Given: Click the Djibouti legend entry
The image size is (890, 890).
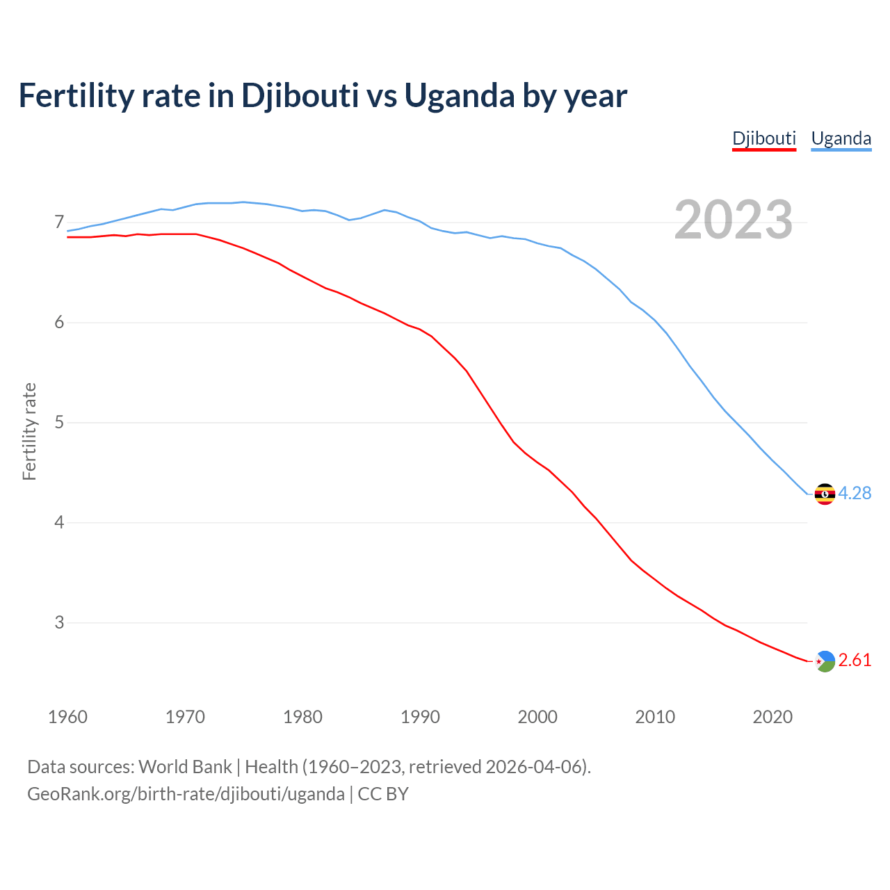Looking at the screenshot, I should click(763, 138).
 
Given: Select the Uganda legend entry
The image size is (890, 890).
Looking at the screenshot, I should click(841, 138).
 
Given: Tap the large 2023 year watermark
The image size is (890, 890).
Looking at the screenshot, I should click(733, 220).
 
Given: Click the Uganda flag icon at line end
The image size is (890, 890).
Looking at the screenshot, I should click(825, 494).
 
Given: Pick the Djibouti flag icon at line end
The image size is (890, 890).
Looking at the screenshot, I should click(825, 661).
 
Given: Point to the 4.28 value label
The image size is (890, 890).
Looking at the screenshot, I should click(855, 493).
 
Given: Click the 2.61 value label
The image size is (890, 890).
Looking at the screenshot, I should click(855, 660).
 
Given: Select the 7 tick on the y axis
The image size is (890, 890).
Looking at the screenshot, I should click(59, 222).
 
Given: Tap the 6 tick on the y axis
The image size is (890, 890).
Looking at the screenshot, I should click(59, 323).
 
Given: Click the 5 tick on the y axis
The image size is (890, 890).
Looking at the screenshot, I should click(59, 422).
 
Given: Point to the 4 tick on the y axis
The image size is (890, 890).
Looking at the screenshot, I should click(59, 522).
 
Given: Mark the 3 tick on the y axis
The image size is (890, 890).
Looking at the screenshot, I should click(59, 622).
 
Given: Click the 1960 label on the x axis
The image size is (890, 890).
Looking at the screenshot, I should click(67, 717).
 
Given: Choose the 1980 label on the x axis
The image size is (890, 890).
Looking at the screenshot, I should click(302, 717).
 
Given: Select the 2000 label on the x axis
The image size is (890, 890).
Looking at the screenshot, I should click(537, 717).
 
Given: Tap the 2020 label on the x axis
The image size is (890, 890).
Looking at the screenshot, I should click(772, 717).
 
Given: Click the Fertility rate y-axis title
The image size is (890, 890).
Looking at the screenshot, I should click(29, 431).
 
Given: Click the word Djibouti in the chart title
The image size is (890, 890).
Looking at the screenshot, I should click(300, 96).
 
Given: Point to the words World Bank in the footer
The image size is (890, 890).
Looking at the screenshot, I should click(185, 767).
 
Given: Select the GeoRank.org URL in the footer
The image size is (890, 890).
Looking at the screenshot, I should click(186, 794).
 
